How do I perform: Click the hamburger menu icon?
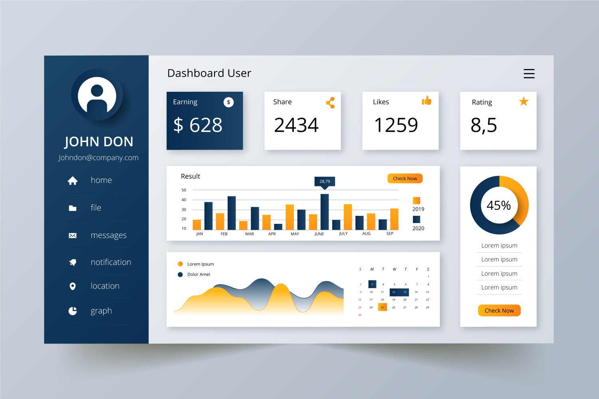[x=529, y=73]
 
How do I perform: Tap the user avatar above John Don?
[x=97, y=95]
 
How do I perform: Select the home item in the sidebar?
[x=101, y=180]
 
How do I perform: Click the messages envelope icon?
[x=73, y=235]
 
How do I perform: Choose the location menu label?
[x=105, y=286]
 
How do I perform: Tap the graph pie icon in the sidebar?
[x=73, y=311]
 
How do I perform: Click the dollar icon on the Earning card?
[x=228, y=102]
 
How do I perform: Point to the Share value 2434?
[x=296, y=125]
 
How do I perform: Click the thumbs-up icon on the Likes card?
[x=426, y=101]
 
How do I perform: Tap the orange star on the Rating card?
[x=524, y=102]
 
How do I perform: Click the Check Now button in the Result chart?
[x=405, y=179]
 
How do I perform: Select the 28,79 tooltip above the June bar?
[x=325, y=182]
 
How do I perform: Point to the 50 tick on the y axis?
[x=184, y=190]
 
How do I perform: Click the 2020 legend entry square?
[x=417, y=219]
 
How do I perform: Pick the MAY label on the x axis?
[x=295, y=234]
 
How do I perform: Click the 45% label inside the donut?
[x=499, y=205]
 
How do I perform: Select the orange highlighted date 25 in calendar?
[x=382, y=307]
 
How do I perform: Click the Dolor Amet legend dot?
[x=180, y=275]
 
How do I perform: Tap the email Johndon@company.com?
[x=99, y=158]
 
